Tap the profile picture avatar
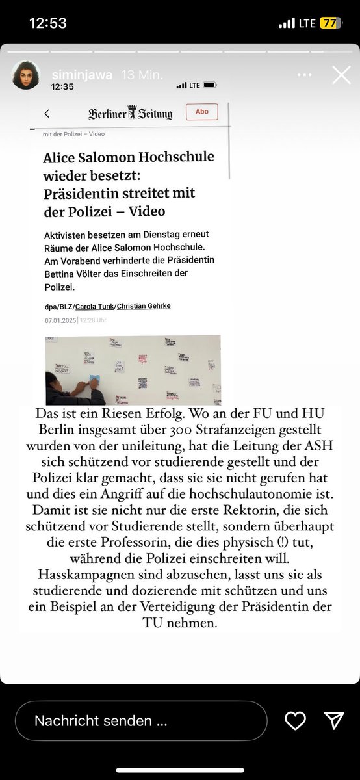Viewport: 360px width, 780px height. click(x=26, y=75)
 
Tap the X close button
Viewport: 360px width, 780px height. click(x=341, y=75)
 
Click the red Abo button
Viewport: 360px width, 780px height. click(x=202, y=112)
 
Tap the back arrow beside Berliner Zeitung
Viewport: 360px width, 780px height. click(x=47, y=114)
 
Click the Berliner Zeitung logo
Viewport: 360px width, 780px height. click(x=131, y=114)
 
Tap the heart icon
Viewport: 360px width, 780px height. click(x=295, y=720)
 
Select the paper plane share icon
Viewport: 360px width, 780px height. click(x=333, y=720)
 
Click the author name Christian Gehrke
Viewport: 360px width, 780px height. click(x=144, y=306)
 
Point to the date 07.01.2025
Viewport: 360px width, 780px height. click(x=60, y=320)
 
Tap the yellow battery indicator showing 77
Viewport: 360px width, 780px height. click(x=329, y=23)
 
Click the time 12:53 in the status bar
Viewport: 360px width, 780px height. click(x=48, y=23)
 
